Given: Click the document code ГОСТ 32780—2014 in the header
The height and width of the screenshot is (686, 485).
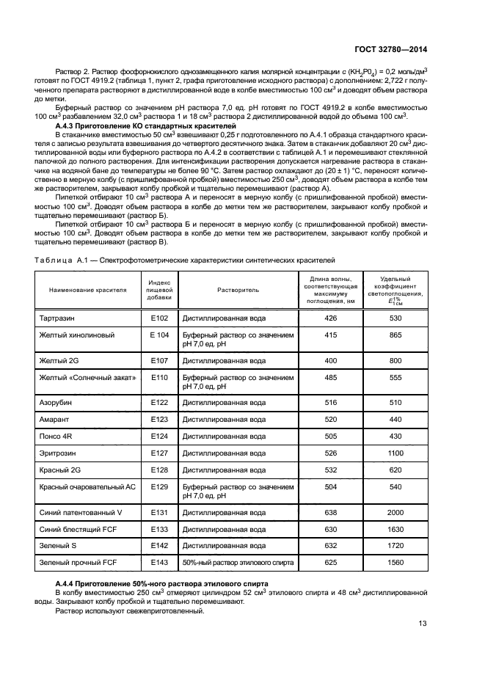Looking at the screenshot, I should click(x=390, y=50).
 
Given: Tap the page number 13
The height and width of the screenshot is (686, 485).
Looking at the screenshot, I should click(x=423, y=624).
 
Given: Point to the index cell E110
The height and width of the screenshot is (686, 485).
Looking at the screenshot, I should click(x=159, y=377).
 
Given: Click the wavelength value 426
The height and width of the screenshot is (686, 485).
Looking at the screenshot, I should click(x=330, y=318).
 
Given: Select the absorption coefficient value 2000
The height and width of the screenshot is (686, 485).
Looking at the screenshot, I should click(x=395, y=512).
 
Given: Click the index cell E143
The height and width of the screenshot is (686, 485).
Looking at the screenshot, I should click(x=159, y=563).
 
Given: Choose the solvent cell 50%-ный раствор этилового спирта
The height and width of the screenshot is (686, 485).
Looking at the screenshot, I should click(x=238, y=563).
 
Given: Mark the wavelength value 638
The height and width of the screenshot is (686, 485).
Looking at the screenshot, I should click(x=330, y=512).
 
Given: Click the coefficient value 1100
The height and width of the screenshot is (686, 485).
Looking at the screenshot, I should click(x=395, y=453).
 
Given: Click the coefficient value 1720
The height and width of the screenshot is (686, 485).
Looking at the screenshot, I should click(x=395, y=546).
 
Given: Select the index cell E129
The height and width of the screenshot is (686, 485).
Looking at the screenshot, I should click(x=159, y=486).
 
